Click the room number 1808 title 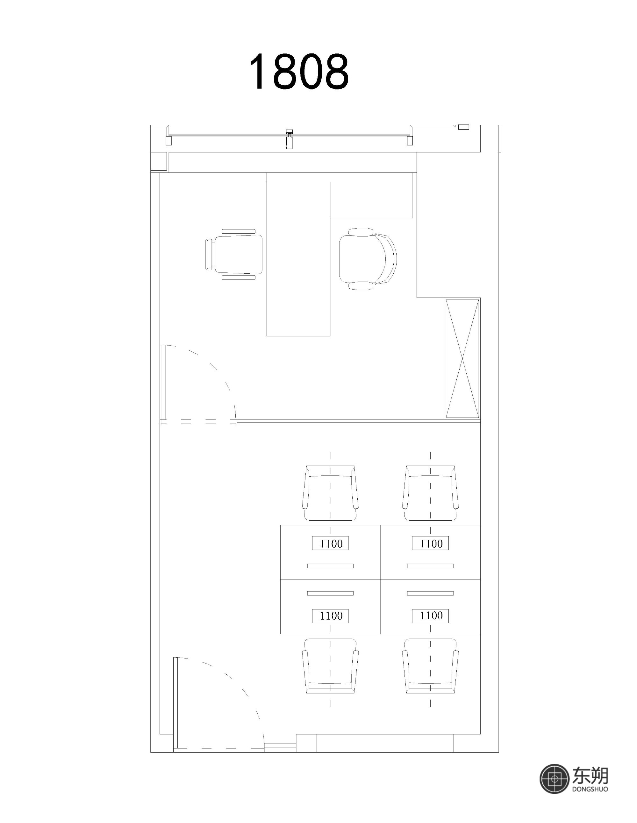point(299,71)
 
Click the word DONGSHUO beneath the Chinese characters point(590,788)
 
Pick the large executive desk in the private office point(298,259)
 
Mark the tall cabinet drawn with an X point(462,358)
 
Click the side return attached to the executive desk point(371,196)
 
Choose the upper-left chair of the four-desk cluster point(330,493)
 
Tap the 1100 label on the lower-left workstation point(330,616)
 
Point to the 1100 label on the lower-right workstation point(430,616)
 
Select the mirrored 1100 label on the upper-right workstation point(430,543)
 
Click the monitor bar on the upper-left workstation point(330,566)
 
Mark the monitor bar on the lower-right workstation point(430,594)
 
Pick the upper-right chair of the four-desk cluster point(430,493)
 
